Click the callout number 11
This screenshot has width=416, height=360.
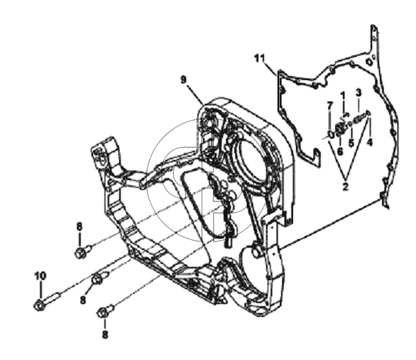coord(260,58)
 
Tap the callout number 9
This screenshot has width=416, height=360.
coord(184,80)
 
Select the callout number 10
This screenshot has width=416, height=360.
coord(40,276)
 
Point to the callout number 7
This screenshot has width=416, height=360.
coord(330,106)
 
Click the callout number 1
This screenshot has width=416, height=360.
coord(343,95)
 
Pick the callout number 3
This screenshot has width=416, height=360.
coord(358,92)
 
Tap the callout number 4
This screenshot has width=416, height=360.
coord(370,142)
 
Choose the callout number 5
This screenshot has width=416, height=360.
coord(351,143)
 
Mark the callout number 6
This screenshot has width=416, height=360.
coord(340,152)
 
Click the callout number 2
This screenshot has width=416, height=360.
coord(345,187)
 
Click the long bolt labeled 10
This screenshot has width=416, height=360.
coord(48,301)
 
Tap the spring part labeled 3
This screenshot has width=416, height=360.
coord(361,118)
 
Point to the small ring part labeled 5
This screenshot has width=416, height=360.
coord(351,123)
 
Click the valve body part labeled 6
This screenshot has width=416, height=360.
coord(341,129)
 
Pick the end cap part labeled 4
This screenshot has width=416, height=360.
coord(368,113)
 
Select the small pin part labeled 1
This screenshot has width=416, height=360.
coord(345,115)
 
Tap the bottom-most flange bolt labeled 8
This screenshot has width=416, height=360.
coord(105,311)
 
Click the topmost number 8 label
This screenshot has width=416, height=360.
coord(79,226)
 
